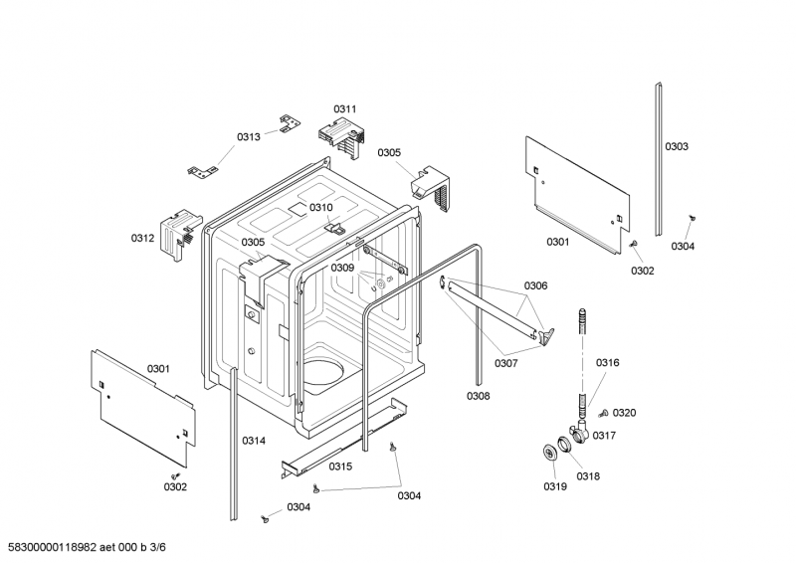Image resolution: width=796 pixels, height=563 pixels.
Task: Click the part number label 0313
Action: (x=249, y=136)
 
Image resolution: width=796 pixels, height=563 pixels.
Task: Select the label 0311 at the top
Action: (x=345, y=108)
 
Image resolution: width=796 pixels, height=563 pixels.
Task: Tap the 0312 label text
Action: (x=143, y=238)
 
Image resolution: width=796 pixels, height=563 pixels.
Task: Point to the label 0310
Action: (x=320, y=207)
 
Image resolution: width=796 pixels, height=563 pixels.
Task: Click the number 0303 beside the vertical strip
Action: (x=677, y=147)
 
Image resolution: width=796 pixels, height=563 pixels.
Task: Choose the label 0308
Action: (x=478, y=396)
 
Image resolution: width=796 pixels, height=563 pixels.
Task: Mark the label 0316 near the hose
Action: (x=608, y=363)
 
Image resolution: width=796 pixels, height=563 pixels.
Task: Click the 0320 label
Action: (x=624, y=413)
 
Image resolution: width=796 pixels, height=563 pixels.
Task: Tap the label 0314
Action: (x=254, y=440)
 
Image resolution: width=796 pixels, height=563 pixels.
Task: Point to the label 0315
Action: (x=341, y=467)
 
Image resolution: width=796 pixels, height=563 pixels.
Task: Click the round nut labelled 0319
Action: (x=548, y=454)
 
